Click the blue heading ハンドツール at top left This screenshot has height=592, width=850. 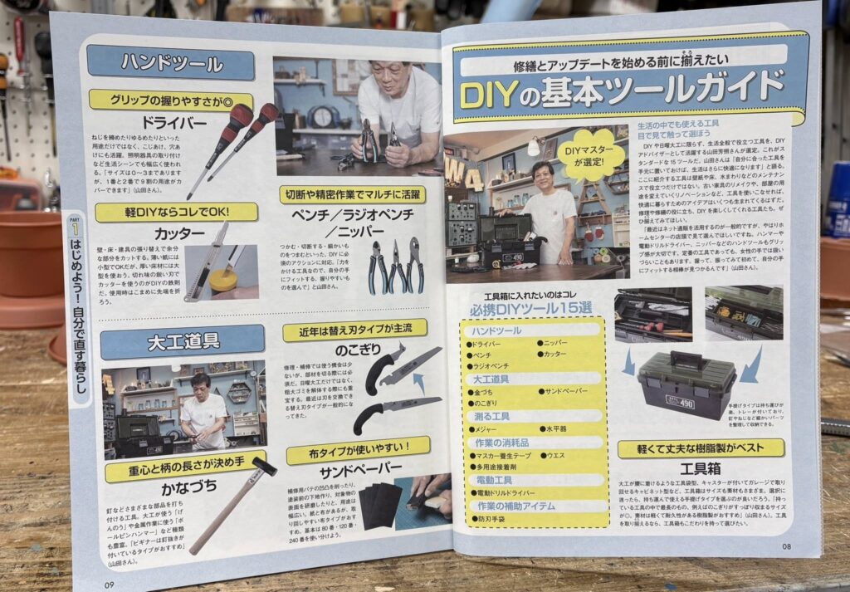pos(171,63)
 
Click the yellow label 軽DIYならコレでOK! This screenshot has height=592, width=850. pos(176,212)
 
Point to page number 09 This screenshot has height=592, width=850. pos(108,583)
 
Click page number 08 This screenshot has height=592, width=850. pos(787,546)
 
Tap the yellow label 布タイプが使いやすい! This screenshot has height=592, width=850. pos(358,451)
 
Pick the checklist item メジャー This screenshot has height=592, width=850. pos(484,429)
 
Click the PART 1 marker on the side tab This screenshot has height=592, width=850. pos(76,227)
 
